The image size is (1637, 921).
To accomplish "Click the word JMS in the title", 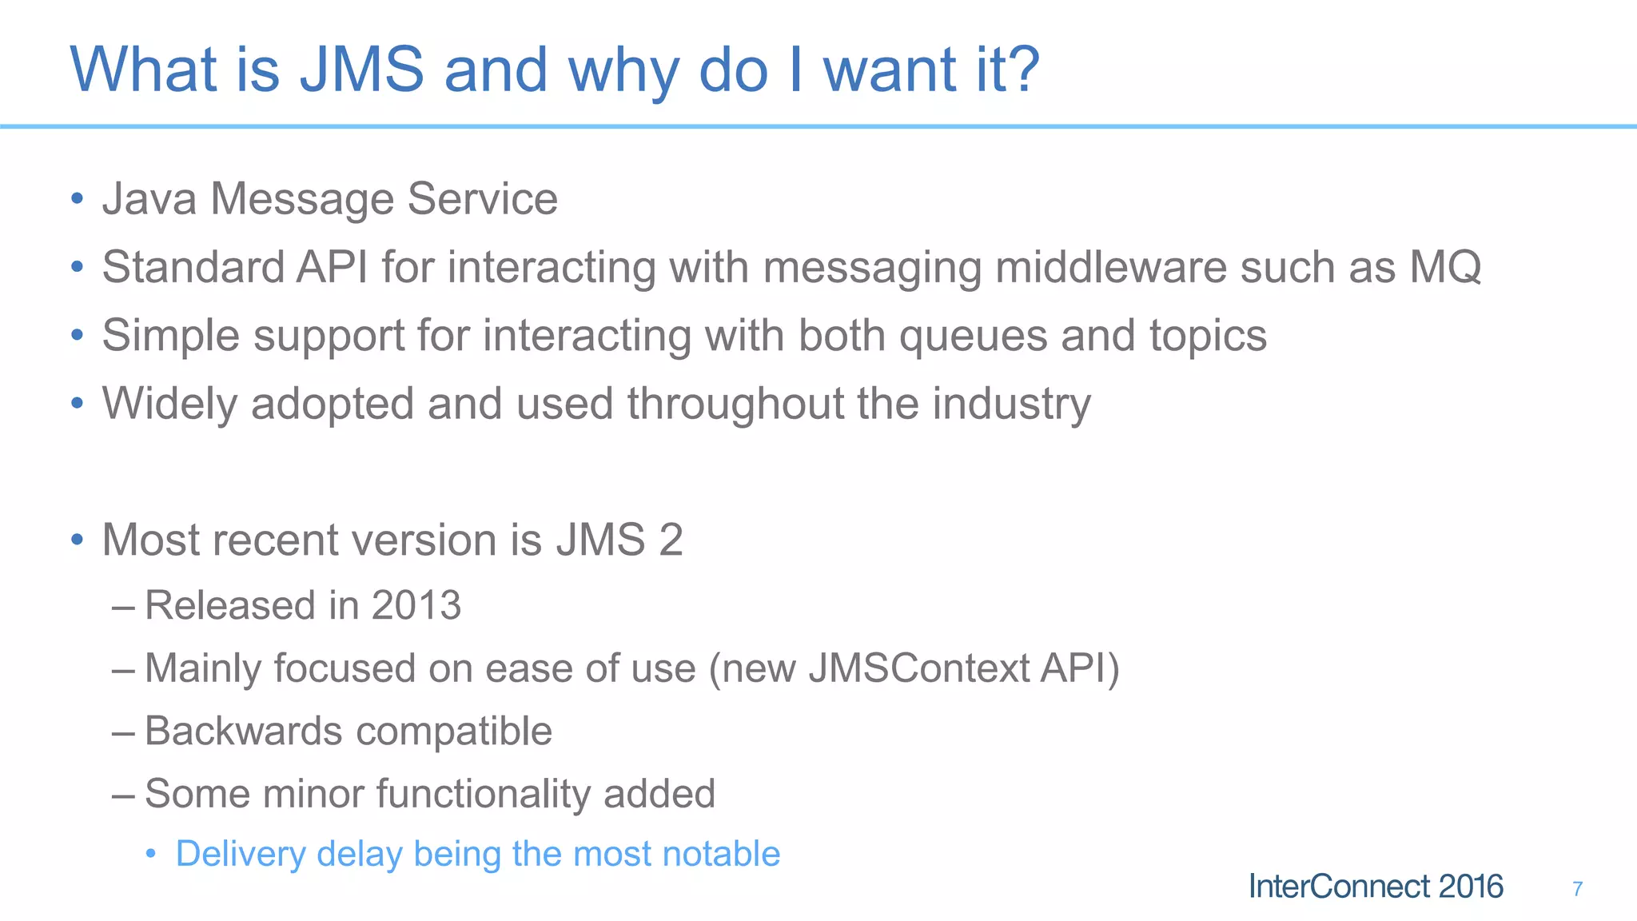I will (x=361, y=70).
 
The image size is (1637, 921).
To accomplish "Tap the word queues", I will (x=973, y=336).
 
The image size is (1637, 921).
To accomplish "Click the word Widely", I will (x=169, y=404).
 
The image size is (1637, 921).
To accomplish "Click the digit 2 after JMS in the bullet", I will (x=671, y=540).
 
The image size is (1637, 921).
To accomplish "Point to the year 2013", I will (x=416, y=605).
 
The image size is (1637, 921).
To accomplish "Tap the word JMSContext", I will (x=918, y=668).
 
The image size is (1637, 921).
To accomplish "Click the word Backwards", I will (x=244, y=731).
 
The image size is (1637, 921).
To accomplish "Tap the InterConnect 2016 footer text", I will (x=1376, y=887).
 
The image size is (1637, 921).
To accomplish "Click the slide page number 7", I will (x=1577, y=888).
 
